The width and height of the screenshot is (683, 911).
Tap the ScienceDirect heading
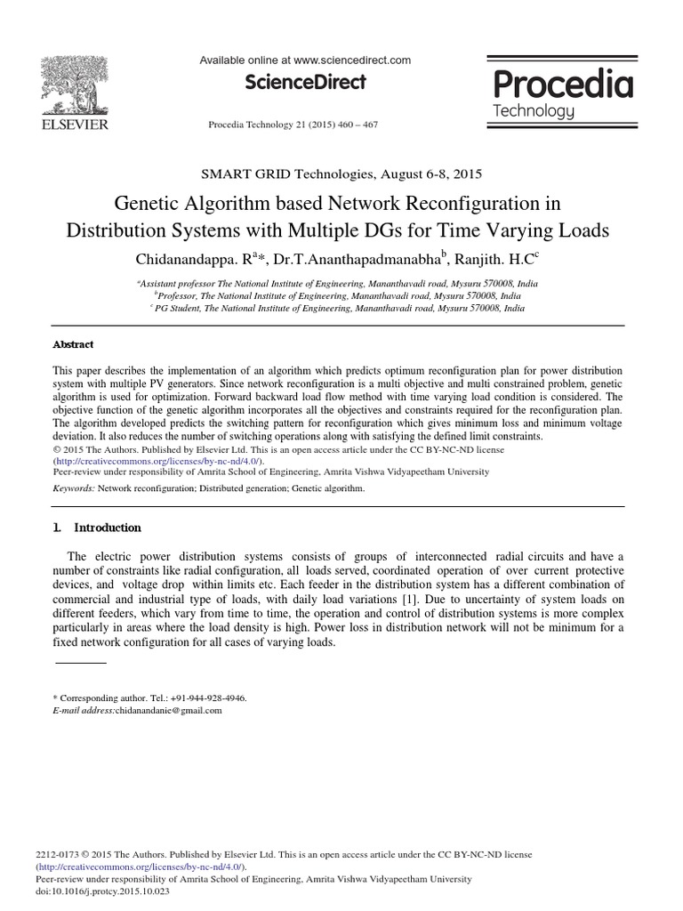(x=307, y=82)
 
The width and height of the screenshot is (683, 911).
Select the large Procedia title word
(x=562, y=85)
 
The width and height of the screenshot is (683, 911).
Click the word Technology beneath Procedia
(x=533, y=111)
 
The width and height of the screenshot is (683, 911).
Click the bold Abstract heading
(x=73, y=344)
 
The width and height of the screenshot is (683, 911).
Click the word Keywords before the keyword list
(x=73, y=488)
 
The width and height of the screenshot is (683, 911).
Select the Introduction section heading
(x=107, y=528)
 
